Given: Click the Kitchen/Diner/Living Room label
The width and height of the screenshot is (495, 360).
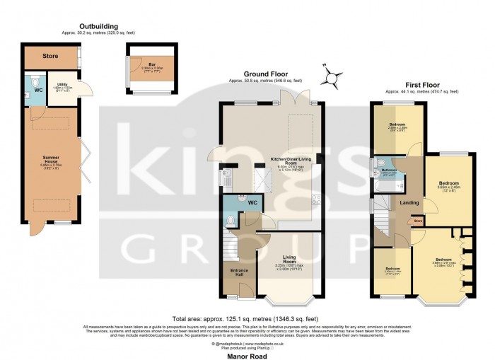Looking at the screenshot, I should [291, 161].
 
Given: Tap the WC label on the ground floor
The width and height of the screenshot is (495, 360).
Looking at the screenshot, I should [252, 202].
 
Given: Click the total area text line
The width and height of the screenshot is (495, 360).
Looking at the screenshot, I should [247, 319].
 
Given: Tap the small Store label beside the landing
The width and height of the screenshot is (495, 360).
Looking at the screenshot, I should [417, 221].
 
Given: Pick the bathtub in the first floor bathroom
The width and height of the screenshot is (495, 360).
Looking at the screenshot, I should [385, 186].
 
